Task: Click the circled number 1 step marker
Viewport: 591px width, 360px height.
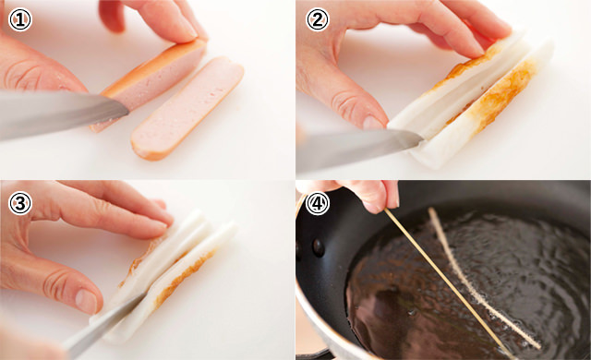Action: pyautogui.click(x=19, y=19)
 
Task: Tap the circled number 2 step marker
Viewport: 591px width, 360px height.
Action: pyautogui.click(x=317, y=19)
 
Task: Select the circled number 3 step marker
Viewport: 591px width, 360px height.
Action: pyautogui.click(x=19, y=202)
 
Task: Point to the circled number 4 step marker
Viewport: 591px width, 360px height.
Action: pyautogui.click(x=317, y=202)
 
